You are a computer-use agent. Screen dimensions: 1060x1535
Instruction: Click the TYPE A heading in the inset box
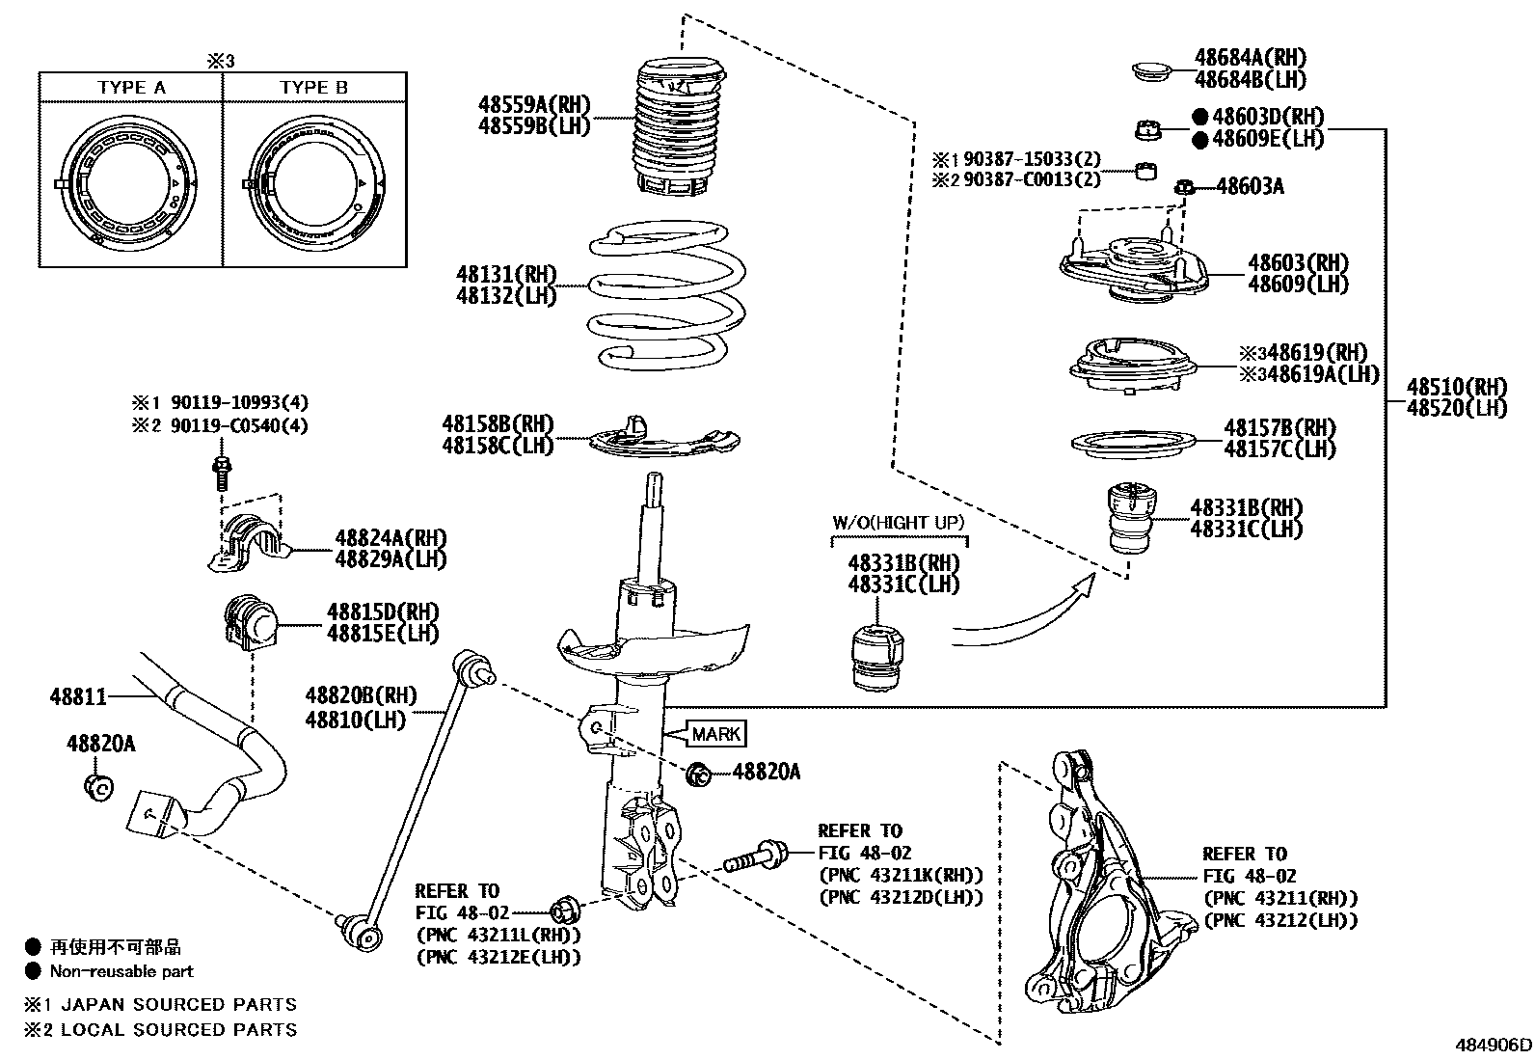point(131,88)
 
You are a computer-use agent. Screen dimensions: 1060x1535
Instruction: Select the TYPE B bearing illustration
point(315,181)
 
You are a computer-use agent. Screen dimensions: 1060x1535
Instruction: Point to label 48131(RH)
point(506,275)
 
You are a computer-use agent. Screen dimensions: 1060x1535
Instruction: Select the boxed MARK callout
point(716,735)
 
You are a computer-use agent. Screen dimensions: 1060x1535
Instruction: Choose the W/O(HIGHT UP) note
point(898,523)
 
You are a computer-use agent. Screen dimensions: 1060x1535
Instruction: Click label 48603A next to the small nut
point(1250,186)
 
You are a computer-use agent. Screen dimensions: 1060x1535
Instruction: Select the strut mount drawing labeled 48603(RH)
point(1134,265)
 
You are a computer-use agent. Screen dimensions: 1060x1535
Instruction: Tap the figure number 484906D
point(1493,1045)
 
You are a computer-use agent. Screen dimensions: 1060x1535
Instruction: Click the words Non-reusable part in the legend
point(121,972)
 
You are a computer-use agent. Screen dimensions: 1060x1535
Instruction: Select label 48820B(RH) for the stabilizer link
point(361,695)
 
